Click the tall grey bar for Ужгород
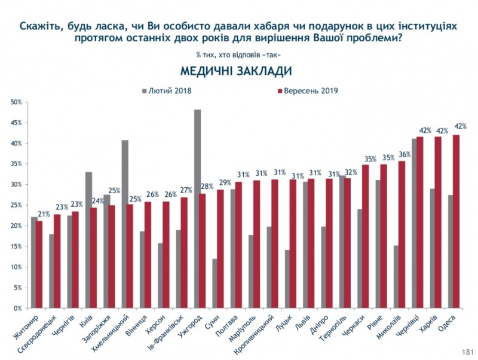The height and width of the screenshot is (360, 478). [x=197, y=209]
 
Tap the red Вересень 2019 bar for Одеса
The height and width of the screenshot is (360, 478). [x=456, y=221]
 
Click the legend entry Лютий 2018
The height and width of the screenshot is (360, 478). [x=170, y=90]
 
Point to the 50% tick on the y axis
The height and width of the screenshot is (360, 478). [x=16, y=102]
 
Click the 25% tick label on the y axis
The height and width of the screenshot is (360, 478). [x=16, y=205]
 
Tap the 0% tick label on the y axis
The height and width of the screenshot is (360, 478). [x=18, y=308]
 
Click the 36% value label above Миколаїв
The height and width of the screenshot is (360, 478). [x=405, y=154]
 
